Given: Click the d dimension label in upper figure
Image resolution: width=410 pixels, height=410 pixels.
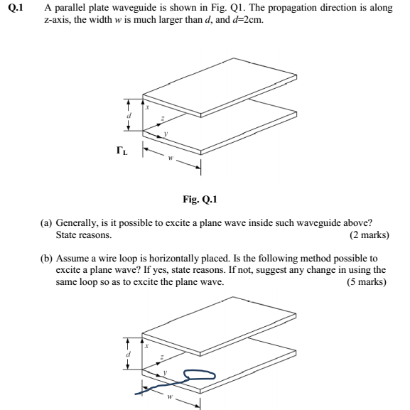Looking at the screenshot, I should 129,115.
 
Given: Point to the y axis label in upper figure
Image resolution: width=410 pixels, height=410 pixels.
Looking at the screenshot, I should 165,132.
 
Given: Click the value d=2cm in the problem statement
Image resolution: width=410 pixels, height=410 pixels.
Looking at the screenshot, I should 244,20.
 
